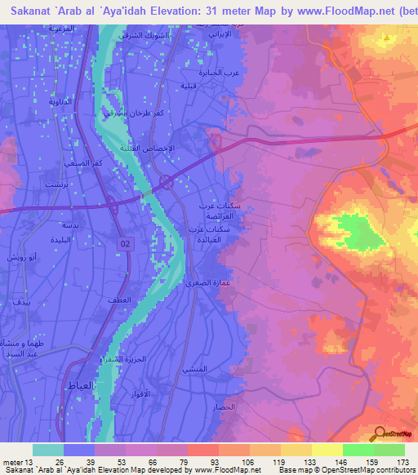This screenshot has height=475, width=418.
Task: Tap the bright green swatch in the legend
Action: click(358, 450)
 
